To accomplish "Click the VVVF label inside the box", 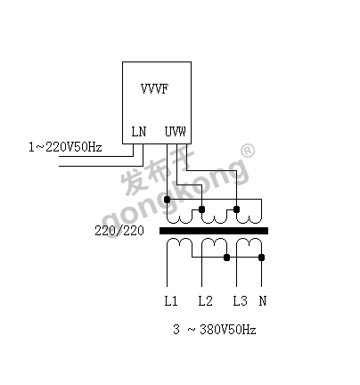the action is point(154,88).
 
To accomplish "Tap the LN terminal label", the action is point(139,132).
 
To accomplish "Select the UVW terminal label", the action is point(176,131).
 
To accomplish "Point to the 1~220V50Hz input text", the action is point(65,147).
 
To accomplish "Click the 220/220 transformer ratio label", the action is point(119,231).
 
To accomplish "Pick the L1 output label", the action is point(171,301).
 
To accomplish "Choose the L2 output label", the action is point(206,301).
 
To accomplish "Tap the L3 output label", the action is point(240,301).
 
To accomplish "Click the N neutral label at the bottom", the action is point(263,301).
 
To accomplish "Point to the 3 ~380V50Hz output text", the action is point(215,330).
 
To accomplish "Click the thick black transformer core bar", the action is point(214,231).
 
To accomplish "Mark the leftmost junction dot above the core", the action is point(168,200).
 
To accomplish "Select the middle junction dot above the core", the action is point(201,209).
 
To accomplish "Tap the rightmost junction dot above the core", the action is point(236,209).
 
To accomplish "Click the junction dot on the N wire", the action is point(261,258).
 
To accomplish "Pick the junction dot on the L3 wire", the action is point(226,258).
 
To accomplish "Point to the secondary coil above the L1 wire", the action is point(179,242).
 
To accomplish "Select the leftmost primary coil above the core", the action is point(179,219).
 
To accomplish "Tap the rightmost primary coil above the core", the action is point(249,219).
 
